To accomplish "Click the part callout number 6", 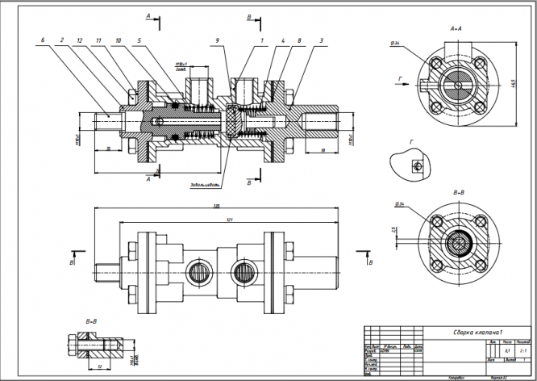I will [41, 39].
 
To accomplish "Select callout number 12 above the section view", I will [79, 39].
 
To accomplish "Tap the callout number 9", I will [217, 39].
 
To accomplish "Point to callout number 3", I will [322, 39].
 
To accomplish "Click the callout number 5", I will [139, 39].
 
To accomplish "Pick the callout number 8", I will [299, 39].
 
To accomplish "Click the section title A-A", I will [456, 28].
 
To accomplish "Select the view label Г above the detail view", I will [412, 141].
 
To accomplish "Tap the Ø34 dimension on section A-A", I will [394, 42].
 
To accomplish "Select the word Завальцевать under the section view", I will [205, 184].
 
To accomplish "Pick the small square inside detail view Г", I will [417, 166].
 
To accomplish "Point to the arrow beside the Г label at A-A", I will [402, 83].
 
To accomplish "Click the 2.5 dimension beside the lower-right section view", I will [393, 230].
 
